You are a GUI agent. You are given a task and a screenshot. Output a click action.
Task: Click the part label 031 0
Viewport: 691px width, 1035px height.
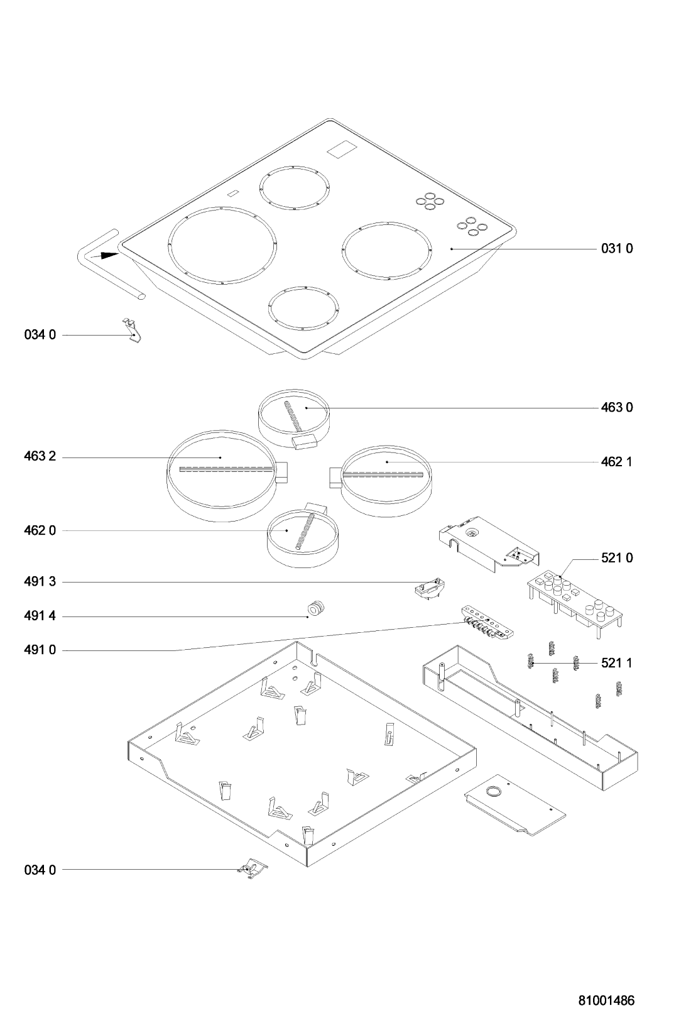pos(617,249)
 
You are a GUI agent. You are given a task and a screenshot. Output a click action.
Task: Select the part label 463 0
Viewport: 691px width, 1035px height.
pos(617,408)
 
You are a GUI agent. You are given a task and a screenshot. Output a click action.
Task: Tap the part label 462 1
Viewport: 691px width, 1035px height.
pos(617,462)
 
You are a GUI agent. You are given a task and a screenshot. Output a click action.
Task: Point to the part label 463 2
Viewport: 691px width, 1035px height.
pos(40,456)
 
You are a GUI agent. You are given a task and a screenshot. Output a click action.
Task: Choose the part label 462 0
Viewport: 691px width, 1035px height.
pos(40,530)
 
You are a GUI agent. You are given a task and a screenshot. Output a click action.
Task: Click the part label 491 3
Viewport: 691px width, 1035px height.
pos(40,582)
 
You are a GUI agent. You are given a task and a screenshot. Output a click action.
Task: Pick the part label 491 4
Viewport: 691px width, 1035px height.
pos(40,616)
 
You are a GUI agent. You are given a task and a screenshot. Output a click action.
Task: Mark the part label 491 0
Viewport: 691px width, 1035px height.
pos(40,650)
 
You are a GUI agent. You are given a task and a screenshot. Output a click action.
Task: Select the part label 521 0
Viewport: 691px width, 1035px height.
pos(617,558)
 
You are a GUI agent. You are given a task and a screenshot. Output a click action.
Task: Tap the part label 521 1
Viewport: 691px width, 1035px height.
pos(617,663)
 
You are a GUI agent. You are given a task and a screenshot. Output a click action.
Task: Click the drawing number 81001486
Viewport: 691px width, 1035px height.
pos(606,1001)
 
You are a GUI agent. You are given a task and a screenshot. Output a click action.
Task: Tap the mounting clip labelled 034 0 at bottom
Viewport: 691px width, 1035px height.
pos(252,868)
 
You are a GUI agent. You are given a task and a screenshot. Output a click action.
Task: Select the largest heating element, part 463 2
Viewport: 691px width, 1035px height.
pos(222,476)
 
